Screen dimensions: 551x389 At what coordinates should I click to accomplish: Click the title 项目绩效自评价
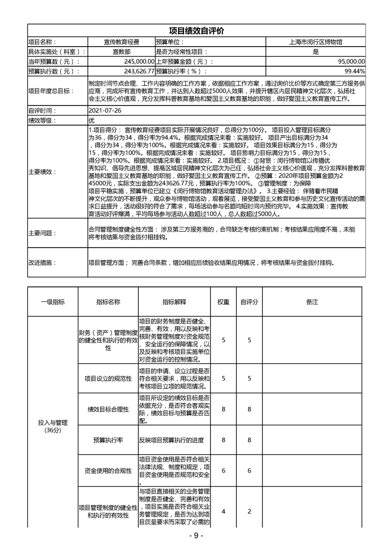click(196, 31)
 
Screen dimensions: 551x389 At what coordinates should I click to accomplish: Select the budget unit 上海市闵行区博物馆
click(315, 42)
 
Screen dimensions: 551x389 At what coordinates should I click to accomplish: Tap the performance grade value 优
click(92, 120)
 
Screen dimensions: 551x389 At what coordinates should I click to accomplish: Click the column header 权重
click(223, 302)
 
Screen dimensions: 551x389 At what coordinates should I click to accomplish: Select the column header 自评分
click(249, 302)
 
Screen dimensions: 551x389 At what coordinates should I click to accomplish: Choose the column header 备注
click(312, 302)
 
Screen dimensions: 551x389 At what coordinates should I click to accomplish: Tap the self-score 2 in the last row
click(249, 511)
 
